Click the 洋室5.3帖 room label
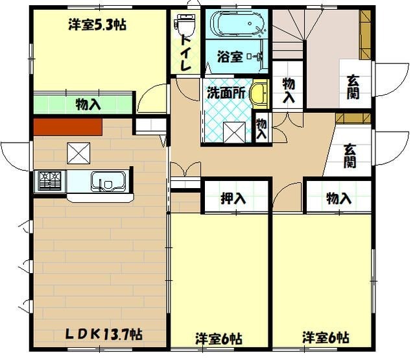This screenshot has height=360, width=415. tap(97, 25)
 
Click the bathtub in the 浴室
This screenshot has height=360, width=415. tap(237, 25)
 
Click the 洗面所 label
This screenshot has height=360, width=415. tap(226, 93)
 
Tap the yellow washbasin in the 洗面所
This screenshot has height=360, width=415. tap(259, 94)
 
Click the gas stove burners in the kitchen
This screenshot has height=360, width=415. tap(49, 180)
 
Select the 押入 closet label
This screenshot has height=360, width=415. tap(233, 199)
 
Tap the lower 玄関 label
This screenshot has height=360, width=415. tap(350, 156)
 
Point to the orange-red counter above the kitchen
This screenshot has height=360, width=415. tap(67, 126)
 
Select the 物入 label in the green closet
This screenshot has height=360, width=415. tap(88, 104)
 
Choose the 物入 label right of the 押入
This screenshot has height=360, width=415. tap(339, 199)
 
